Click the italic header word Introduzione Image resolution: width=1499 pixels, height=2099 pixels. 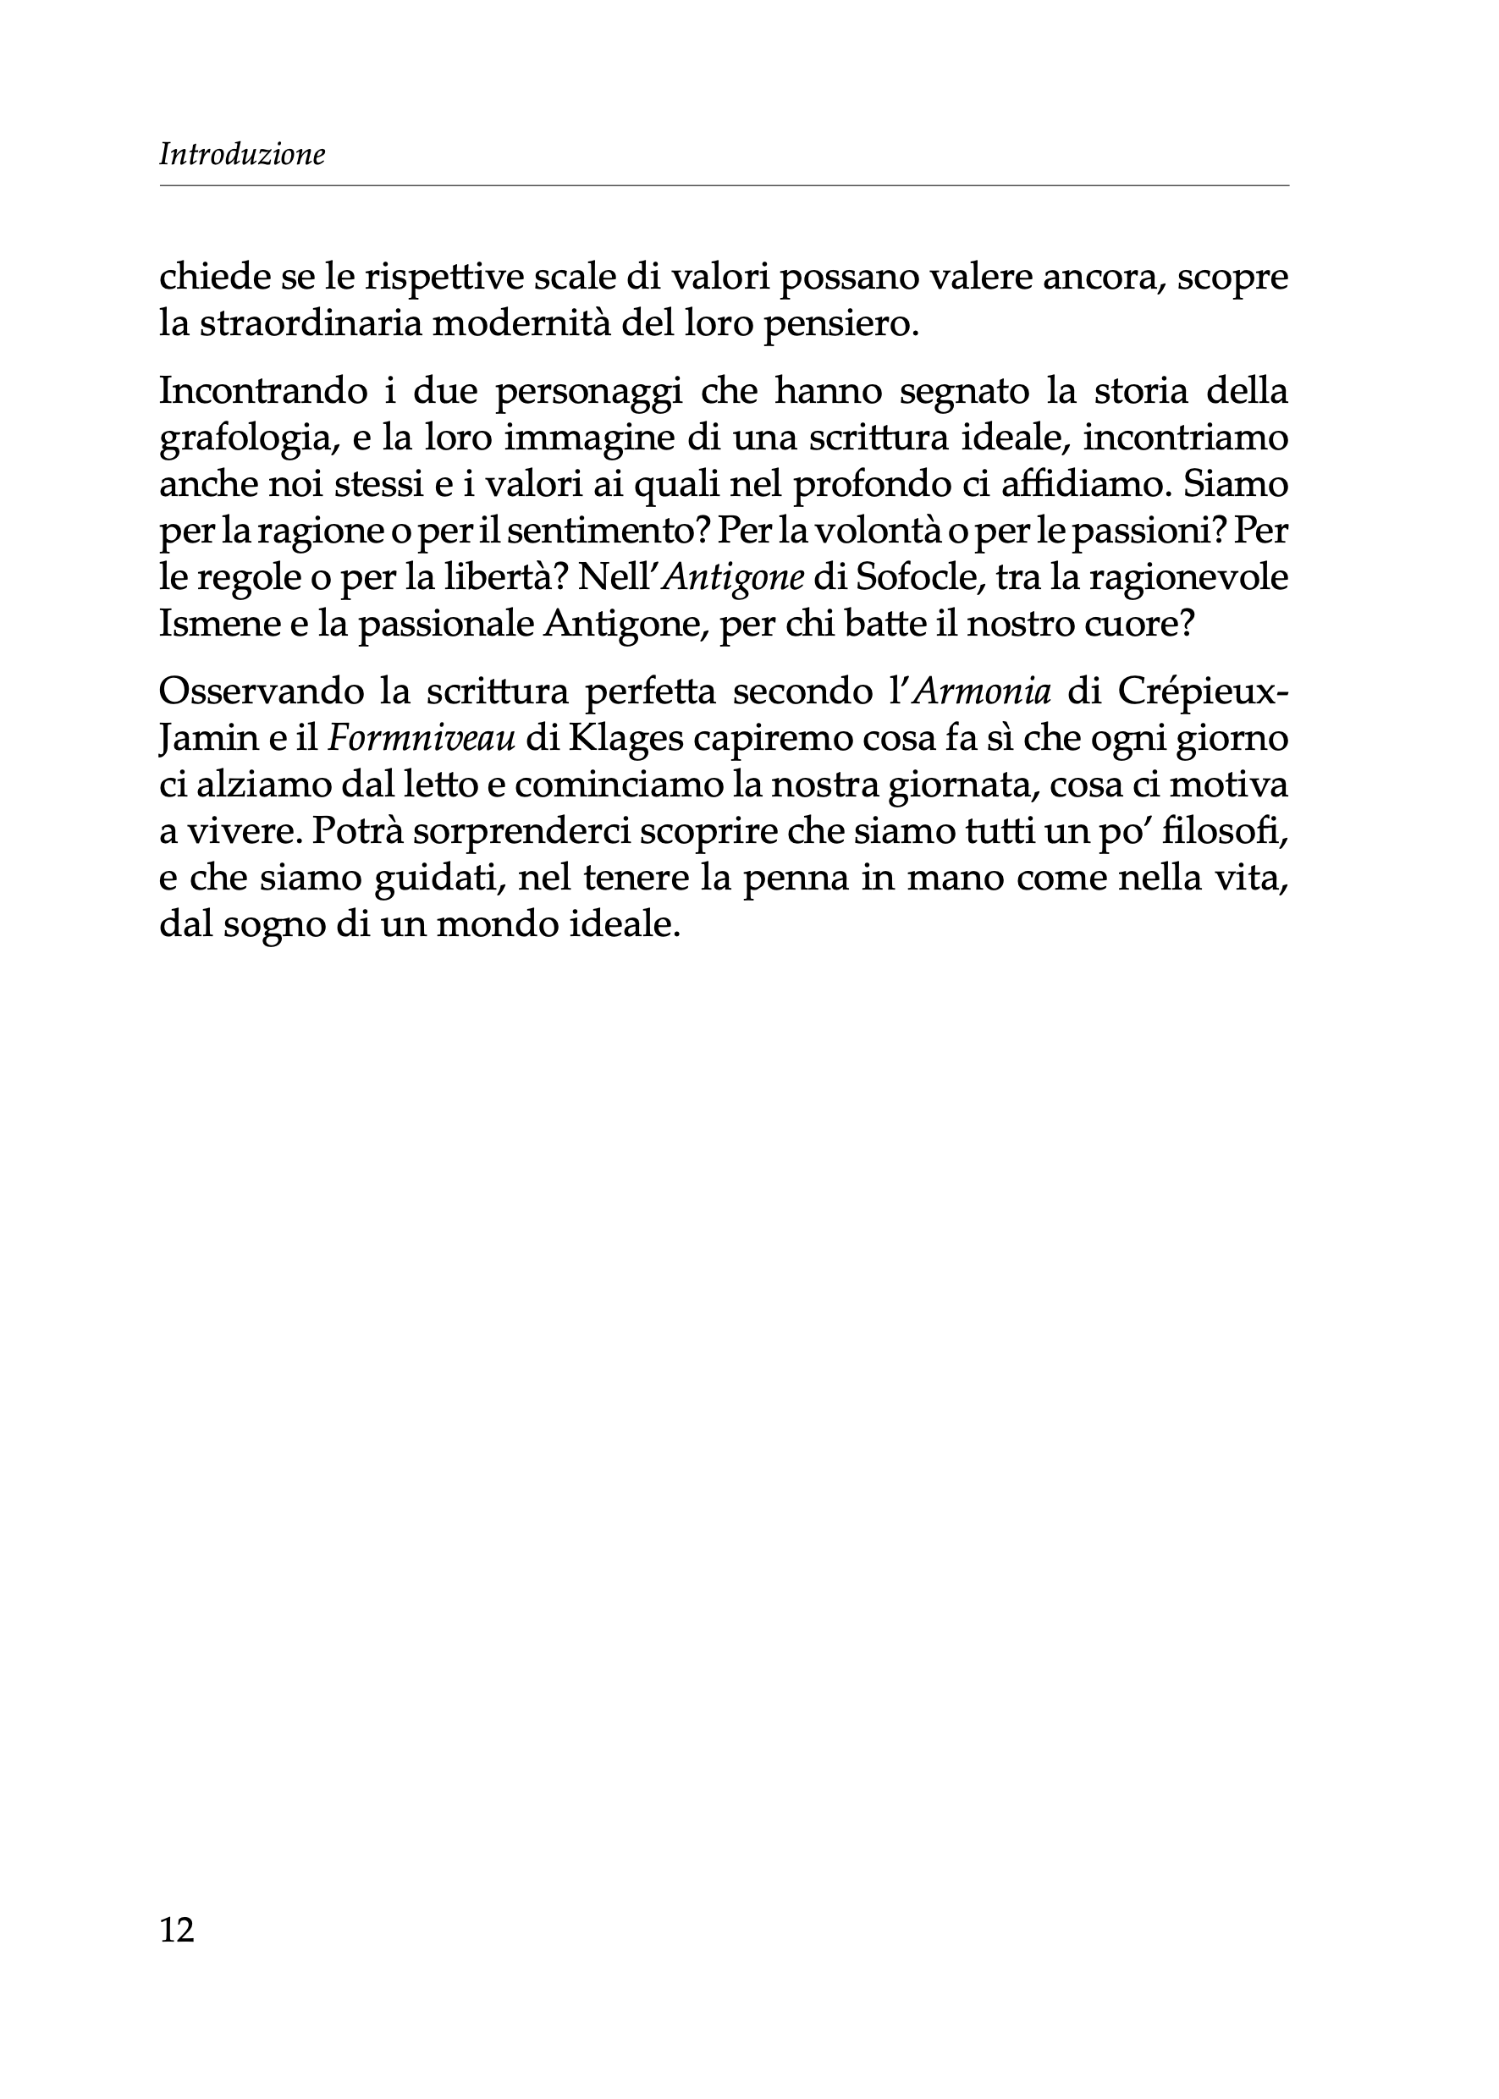(242, 154)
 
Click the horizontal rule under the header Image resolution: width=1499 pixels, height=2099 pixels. (724, 186)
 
